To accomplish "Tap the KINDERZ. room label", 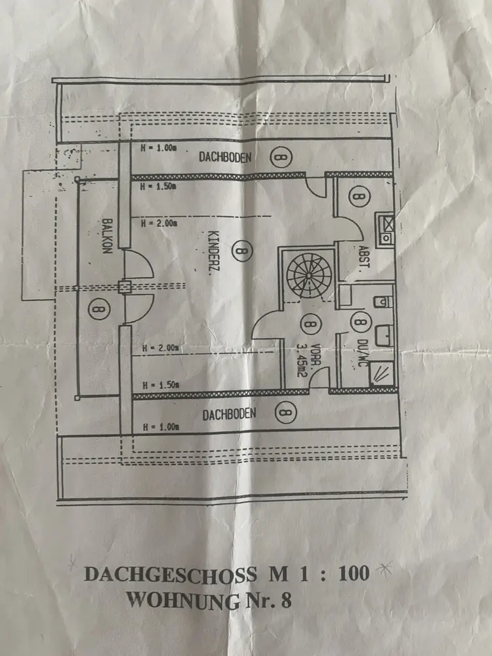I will [214, 255].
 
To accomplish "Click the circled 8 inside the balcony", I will [98, 307].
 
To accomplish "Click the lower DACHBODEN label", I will [229, 414].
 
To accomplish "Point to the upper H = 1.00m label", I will [159, 148].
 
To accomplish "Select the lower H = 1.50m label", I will [159, 385].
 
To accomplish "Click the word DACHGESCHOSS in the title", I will [169, 575].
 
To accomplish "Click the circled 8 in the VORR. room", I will [308, 323].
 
